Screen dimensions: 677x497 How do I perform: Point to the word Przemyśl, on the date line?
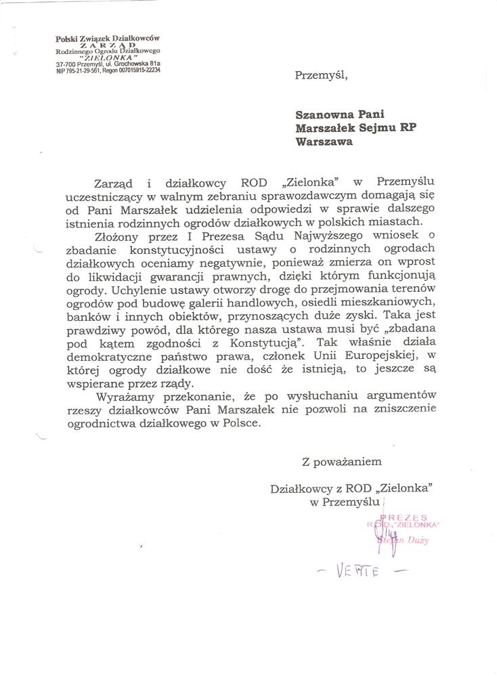(x=321, y=75)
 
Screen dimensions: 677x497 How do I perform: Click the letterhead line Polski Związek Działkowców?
(x=102, y=39)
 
